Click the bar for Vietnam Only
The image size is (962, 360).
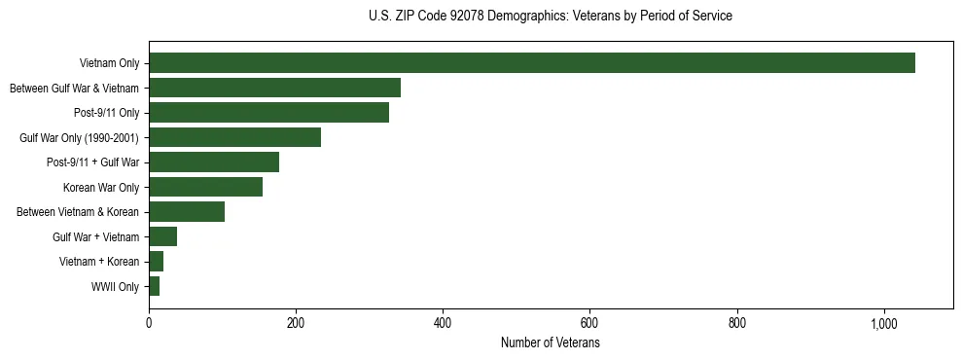point(532,63)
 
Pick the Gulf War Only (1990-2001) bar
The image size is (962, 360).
point(234,137)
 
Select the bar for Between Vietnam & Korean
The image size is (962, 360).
point(187,212)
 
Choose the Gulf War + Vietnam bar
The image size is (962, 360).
point(162,236)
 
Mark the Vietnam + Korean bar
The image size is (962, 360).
point(156,261)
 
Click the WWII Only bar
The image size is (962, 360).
point(154,286)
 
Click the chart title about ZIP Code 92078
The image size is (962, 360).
point(551,17)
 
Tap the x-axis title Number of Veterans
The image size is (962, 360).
point(551,343)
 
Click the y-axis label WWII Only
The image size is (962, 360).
point(115,286)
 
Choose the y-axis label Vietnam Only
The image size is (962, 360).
point(109,63)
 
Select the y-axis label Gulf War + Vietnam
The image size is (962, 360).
point(95,236)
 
